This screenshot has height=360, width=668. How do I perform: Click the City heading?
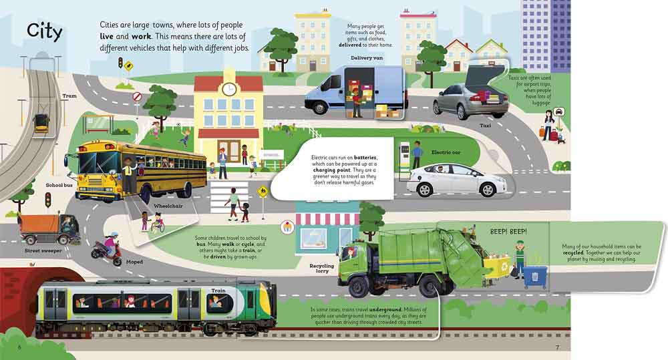pos(44,31)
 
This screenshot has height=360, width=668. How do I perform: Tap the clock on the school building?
pos(228,89)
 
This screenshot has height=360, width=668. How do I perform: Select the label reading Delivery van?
pos(366,58)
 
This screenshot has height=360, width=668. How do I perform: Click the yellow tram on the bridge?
pos(41,123)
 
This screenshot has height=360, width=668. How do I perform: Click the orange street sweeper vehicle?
pos(49,229)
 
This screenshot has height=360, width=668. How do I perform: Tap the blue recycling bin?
pos(535,277)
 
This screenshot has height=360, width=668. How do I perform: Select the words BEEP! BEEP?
pos(508,232)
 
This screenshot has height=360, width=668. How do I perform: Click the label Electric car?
pos(446,152)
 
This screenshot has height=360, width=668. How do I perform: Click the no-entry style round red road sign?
pos(137,97)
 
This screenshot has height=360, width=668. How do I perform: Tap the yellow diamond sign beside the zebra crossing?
pos(263,192)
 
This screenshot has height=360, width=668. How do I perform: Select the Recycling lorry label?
pos(322,268)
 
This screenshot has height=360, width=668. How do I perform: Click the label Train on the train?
pos(218,291)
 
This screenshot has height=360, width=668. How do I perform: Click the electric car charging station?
pos(404,158)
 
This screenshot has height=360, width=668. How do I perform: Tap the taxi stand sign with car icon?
pos(559,112)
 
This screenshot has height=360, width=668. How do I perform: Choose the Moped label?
pos(134,262)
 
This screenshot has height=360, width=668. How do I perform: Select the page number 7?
pos(557,347)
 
